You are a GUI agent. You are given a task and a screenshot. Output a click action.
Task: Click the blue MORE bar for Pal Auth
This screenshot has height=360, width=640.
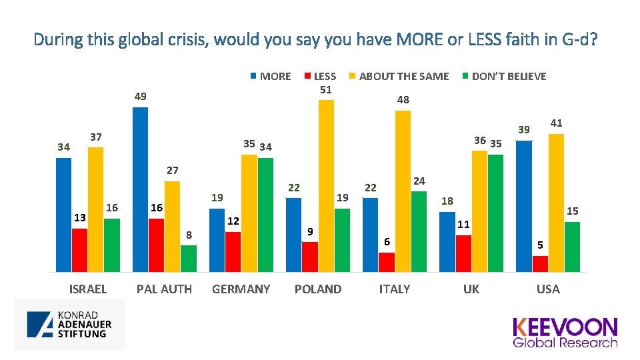[140, 189]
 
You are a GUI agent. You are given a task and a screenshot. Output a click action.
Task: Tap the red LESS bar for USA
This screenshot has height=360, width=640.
[540, 264]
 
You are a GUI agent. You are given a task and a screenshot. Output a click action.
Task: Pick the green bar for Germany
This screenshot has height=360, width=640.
[265, 215]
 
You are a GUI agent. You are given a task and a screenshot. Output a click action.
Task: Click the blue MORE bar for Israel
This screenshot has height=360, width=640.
[63, 215]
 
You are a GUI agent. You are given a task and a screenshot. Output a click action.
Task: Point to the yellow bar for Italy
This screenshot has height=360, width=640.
[403, 191]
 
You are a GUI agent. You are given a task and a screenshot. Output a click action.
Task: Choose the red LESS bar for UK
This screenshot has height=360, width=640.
[463, 253]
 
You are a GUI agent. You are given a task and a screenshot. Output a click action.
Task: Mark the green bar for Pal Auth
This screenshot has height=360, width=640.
[189, 259]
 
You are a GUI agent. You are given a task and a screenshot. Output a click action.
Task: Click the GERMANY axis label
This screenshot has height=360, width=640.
[241, 289]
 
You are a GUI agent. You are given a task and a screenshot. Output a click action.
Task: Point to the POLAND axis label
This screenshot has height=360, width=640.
[317, 289]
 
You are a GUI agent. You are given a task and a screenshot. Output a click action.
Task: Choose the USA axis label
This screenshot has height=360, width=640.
[548, 289]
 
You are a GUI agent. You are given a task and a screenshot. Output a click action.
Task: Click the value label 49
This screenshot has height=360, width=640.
[140, 97]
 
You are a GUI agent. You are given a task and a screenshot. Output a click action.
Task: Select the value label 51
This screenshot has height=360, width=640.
[326, 89]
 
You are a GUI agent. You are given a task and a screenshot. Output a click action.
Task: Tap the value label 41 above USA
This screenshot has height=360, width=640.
[556, 123]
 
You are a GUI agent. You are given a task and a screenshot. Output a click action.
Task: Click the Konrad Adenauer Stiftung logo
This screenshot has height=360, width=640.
[69, 324]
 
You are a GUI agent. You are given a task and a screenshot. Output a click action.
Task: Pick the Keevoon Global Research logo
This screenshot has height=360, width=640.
[565, 332]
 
